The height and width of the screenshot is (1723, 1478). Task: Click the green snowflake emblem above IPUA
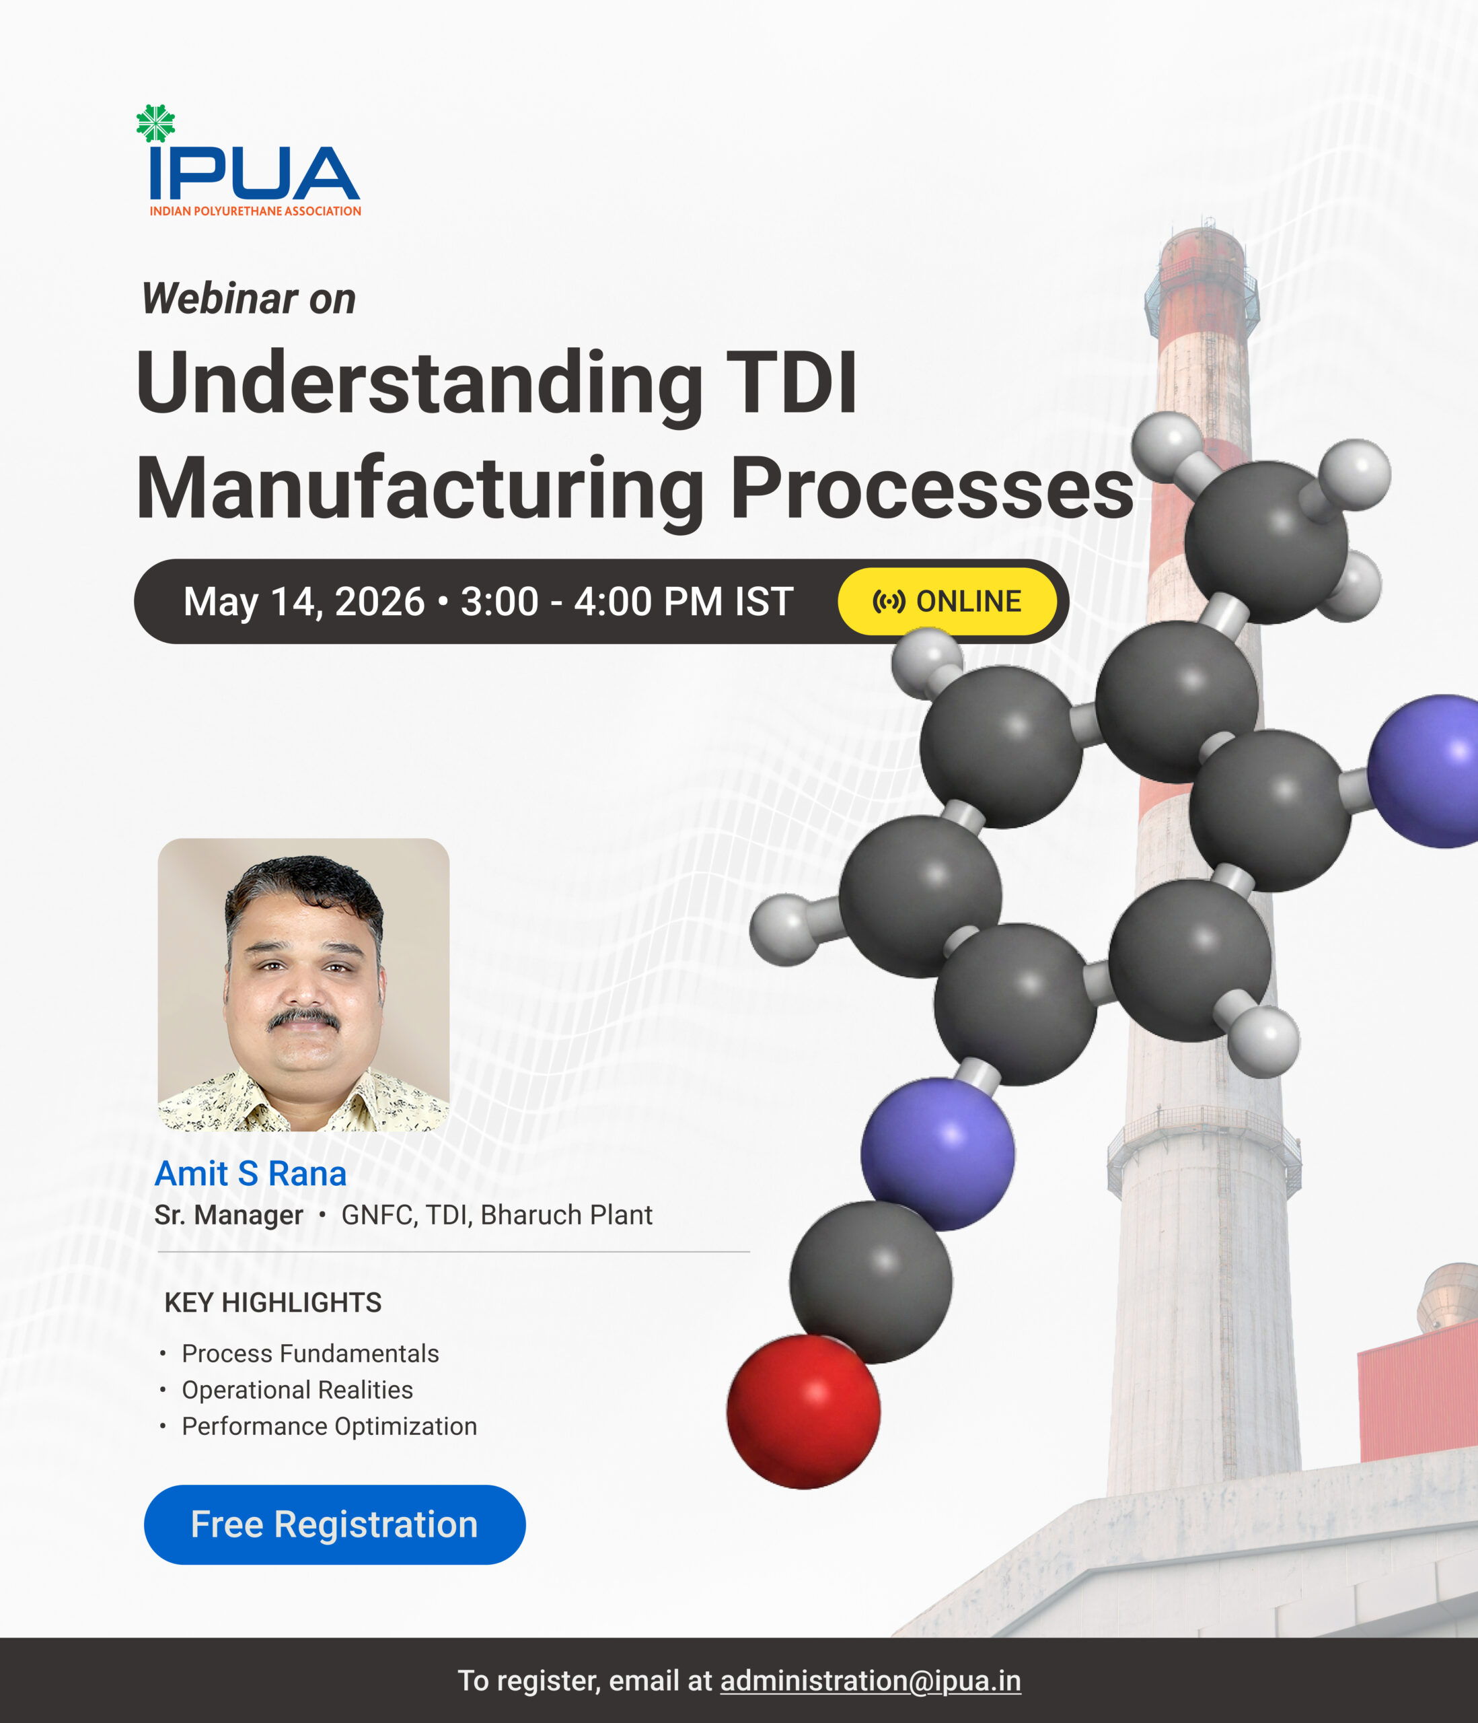coord(155,123)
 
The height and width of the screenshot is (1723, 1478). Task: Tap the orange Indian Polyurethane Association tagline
coord(255,211)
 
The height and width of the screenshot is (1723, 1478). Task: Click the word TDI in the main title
coord(790,382)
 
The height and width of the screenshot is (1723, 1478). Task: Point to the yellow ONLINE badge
coord(947,601)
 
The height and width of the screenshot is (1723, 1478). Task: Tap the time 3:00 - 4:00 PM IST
coord(627,601)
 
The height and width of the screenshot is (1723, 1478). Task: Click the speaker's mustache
coord(303,1019)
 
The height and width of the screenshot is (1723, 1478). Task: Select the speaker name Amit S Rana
coord(250,1173)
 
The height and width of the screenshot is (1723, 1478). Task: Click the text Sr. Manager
coord(229,1215)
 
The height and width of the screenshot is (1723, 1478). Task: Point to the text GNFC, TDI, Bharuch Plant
coord(497,1215)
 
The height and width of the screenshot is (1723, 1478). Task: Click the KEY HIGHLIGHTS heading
coord(272,1302)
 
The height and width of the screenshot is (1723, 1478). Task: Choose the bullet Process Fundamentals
coord(310,1353)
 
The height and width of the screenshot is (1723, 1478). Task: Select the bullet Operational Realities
coord(297,1390)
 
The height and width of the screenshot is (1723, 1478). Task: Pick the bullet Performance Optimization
coord(329,1426)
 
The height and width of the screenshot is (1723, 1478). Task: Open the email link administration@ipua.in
coord(871,1681)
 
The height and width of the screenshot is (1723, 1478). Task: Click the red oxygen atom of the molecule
coord(803,1411)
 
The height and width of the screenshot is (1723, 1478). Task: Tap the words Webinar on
coord(248,299)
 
